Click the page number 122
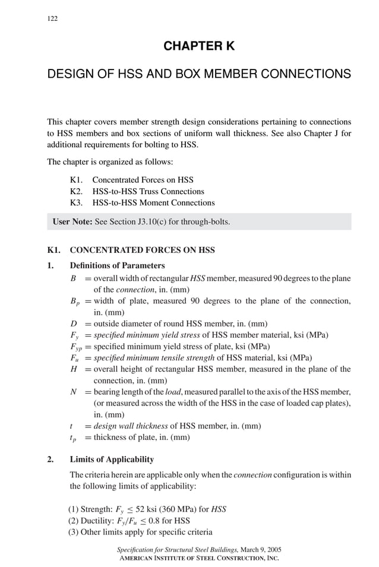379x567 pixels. tap(52, 18)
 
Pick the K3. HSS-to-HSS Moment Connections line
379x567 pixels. tap(142, 202)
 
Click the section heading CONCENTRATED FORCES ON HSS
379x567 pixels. tap(142, 250)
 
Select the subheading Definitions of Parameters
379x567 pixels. tap(117, 265)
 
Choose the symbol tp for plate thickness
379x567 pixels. tap(72, 438)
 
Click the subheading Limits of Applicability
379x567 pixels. tap(112, 460)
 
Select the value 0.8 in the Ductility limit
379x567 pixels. tap(154, 521)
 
